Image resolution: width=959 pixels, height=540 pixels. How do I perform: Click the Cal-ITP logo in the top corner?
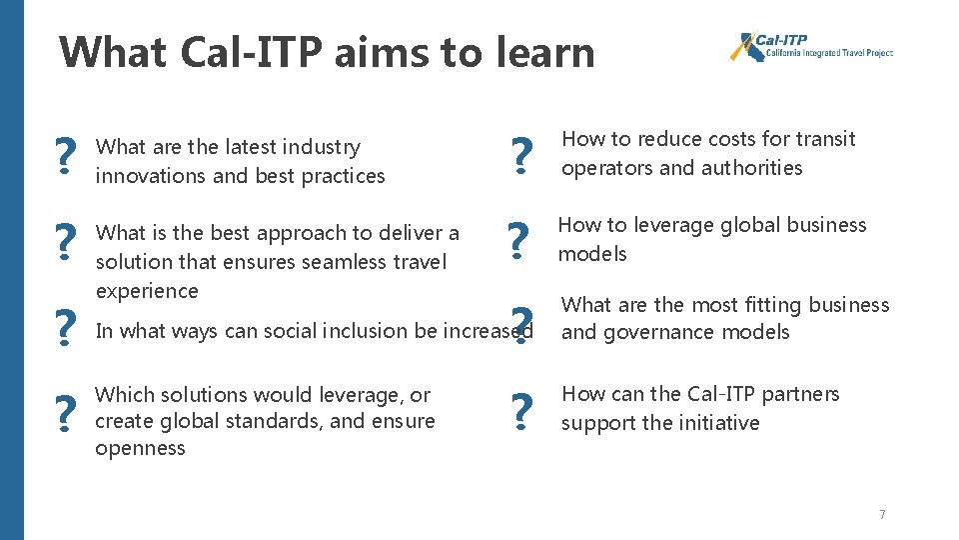(810, 47)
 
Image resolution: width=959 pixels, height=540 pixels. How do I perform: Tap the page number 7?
(882, 514)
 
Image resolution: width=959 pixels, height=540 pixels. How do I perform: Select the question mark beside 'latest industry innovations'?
(66, 157)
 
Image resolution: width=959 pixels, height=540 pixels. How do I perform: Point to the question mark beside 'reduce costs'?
(518, 157)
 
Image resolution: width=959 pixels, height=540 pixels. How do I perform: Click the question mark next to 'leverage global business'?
(516, 241)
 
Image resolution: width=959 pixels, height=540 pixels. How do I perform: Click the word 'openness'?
(140, 449)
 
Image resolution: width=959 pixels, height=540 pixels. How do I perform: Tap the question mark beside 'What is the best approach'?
(66, 241)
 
